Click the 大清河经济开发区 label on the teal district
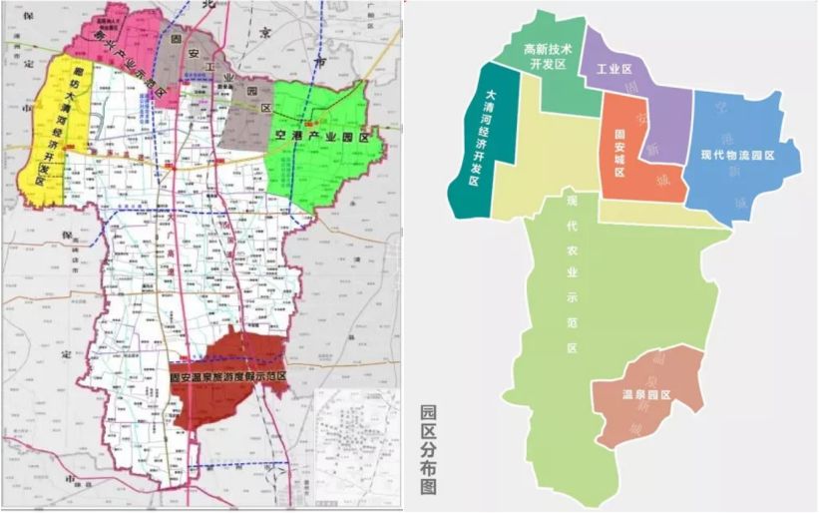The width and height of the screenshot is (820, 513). (x=481, y=139)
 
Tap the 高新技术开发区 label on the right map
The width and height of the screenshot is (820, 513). (x=545, y=56)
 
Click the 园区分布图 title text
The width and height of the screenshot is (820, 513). (x=429, y=450)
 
